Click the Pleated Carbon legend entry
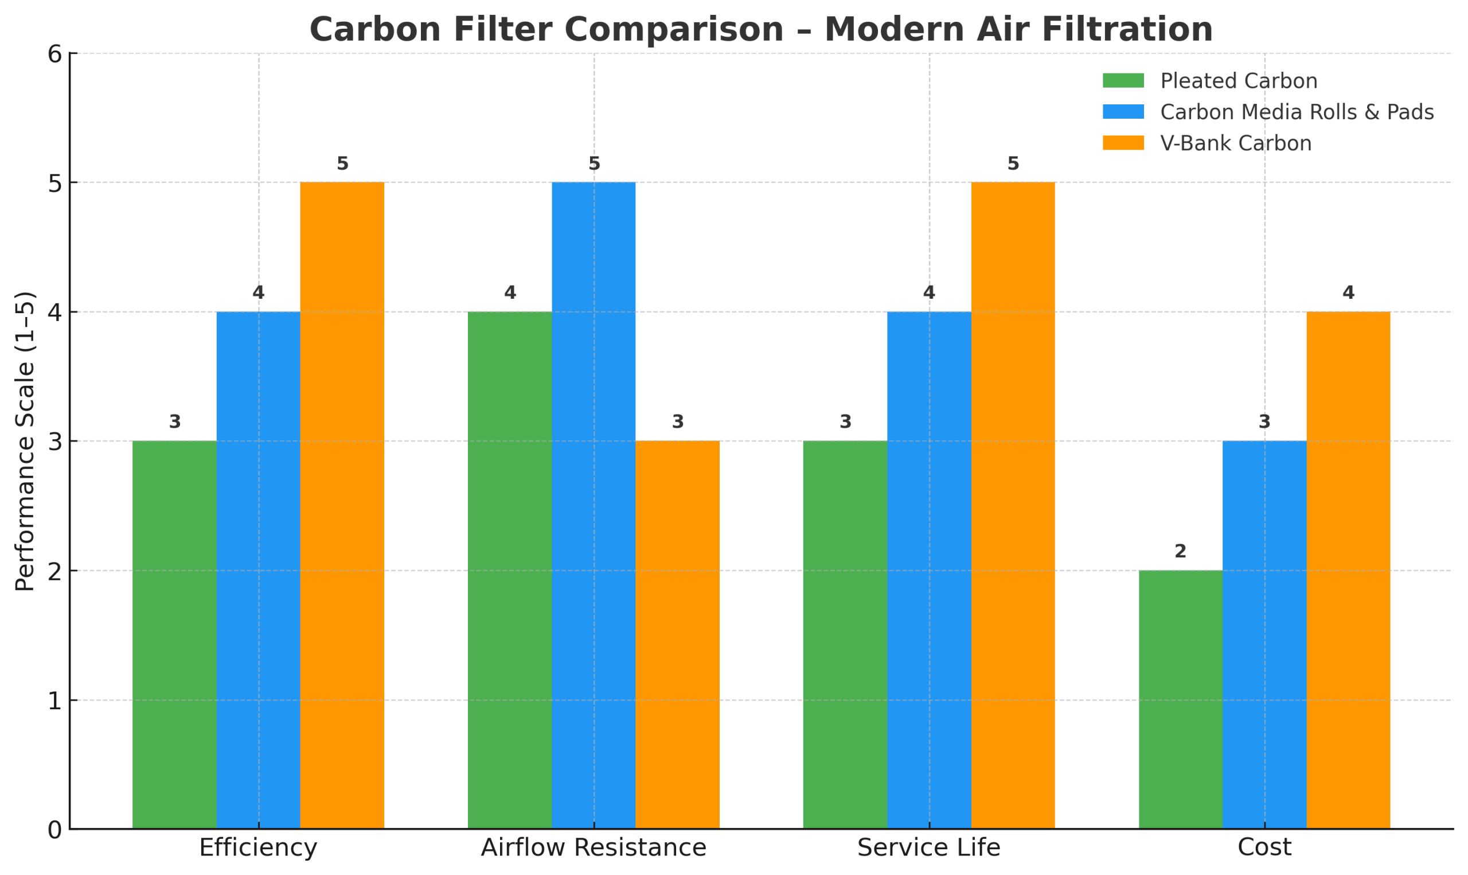point(1238,81)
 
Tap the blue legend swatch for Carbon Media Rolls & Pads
point(1123,112)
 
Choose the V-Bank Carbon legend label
point(1236,143)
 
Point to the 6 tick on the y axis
point(55,54)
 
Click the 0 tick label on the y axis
point(55,830)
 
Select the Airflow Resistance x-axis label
point(594,849)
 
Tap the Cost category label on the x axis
point(1264,849)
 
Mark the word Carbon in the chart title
point(375,29)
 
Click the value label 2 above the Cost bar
point(1180,551)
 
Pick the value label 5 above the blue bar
point(594,163)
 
